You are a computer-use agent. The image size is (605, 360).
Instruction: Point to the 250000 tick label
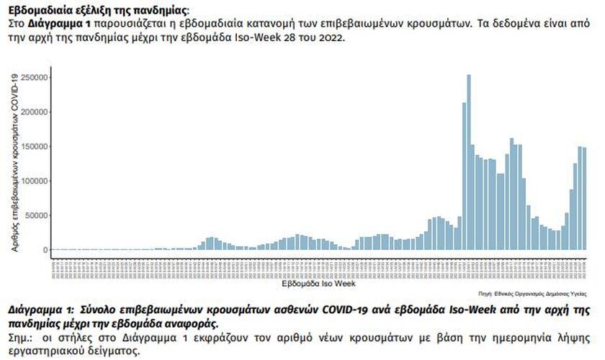(x=35, y=77)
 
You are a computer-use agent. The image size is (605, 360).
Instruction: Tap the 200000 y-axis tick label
(x=35, y=112)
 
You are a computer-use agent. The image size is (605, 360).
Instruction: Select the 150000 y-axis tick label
(x=35, y=146)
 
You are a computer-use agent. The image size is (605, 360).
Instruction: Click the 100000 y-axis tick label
(x=35, y=181)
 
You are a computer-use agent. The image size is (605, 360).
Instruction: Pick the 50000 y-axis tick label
(x=37, y=215)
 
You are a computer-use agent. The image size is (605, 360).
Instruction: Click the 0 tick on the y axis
(x=45, y=250)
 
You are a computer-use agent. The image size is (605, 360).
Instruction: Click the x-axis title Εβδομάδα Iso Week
(x=319, y=284)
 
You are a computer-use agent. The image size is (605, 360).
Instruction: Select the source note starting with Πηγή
(x=532, y=294)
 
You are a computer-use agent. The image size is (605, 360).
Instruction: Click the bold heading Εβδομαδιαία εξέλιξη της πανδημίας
(x=98, y=10)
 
